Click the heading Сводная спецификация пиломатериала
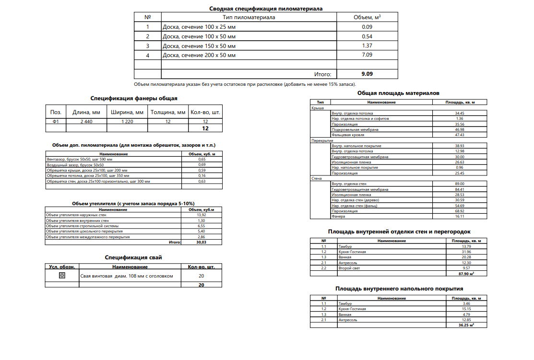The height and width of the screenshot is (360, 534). tap(266, 9)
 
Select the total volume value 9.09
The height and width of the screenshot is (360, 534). tap(367, 74)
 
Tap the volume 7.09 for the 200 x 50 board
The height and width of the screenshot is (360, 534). tap(367, 56)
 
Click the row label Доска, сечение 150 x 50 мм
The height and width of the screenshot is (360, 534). tap(199, 46)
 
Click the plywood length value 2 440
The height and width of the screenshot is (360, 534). tap(86, 122)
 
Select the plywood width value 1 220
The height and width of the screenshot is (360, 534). tap(127, 122)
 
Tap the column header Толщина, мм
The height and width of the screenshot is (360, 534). tap(168, 113)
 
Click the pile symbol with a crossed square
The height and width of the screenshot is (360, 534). tap(61, 276)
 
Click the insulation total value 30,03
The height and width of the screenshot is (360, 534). tap(202, 243)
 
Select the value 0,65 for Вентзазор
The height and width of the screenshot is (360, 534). tap(202, 159)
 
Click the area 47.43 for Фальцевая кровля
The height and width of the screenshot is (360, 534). tap(459, 135)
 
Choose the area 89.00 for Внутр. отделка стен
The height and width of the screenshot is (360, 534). tap(459, 184)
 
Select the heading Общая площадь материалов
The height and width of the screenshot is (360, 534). tap(398, 93)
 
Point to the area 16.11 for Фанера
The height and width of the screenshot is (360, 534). tap(459, 217)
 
